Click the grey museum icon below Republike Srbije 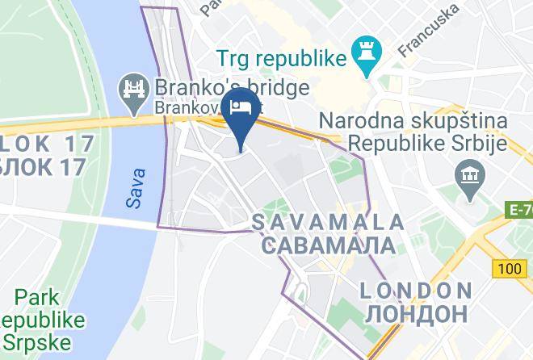click(x=468, y=174)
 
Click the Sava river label click(x=137, y=187)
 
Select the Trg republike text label click(x=281, y=58)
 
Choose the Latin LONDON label click(x=415, y=290)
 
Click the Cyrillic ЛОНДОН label click(x=415, y=312)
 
